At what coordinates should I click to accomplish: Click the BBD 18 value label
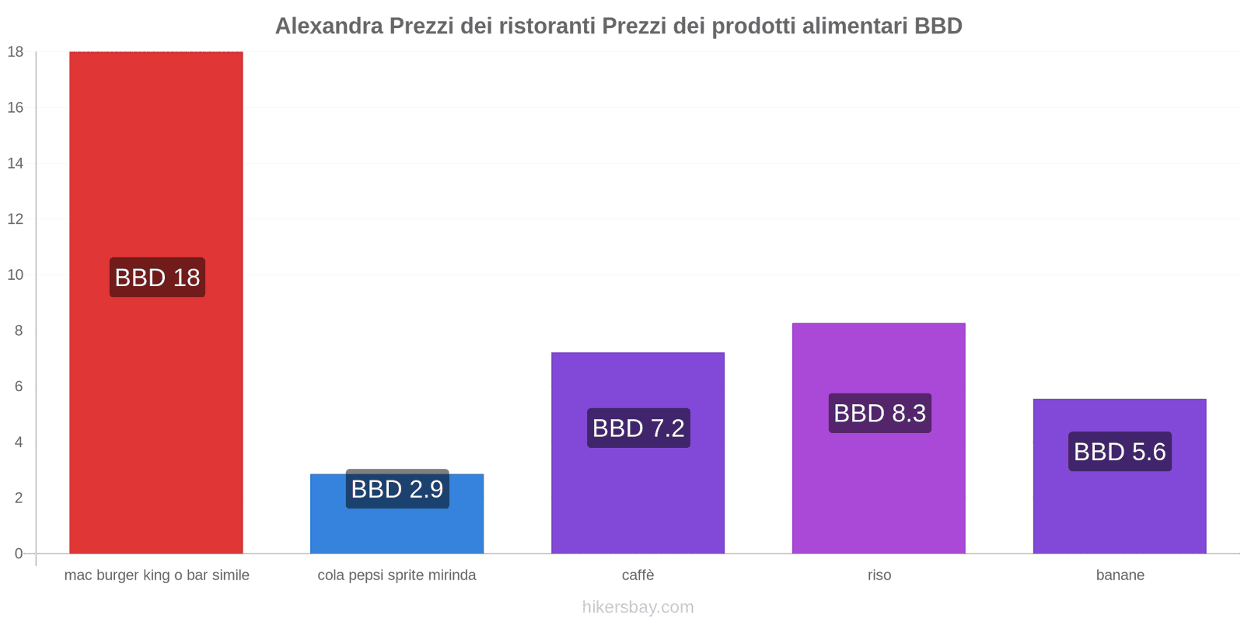click(x=157, y=278)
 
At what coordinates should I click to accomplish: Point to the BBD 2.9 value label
click(x=397, y=489)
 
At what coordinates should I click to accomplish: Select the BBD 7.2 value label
click(x=638, y=428)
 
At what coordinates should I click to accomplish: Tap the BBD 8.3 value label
click(x=879, y=413)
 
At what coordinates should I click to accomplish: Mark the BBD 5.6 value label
click(x=1120, y=452)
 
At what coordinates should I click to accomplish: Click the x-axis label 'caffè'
click(x=638, y=575)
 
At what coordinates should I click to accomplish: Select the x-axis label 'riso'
click(x=879, y=575)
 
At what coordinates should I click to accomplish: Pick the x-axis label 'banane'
click(x=1120, y=575)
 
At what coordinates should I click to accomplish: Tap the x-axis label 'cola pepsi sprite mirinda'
click(x=397, y=575)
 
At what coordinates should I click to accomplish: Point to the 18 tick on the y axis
click(x=16, y=52)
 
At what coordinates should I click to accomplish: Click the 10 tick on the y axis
click(x=16, y=274)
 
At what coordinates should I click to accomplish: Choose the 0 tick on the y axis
click(x=19, y=554)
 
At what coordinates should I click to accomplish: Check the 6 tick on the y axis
click(x=19, y=386)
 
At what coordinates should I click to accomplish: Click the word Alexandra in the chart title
click(x=329, y=26)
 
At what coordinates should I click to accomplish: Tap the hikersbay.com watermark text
click(x=638, y=607)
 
